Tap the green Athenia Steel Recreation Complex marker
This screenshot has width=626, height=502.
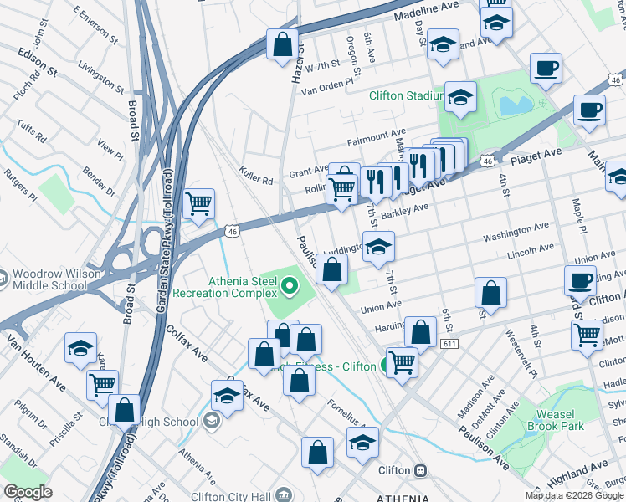click(x=290, y=288)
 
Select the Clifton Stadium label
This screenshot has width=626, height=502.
click(x=406, y=95)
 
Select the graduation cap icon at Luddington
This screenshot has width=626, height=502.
click(x=378, y=246)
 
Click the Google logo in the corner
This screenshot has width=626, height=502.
click(x=28, y=492)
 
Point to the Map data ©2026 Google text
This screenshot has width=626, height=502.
click(x=573, y=495)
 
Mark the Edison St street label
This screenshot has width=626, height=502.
click(x=37, y=63)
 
